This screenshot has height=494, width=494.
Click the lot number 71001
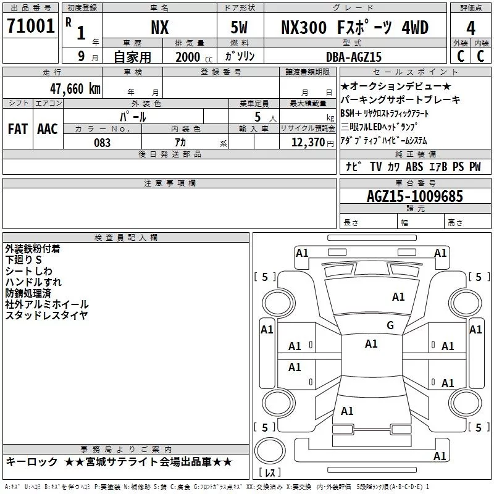pos(31,27)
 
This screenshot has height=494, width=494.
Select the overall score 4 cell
pos(471,28)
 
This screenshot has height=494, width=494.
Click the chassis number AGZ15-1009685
pos(414,196)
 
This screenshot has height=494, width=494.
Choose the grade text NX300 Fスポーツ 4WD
pos(354,28)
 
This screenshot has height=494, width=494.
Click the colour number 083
pos(103,143)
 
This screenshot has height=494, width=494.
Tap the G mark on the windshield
pos(390,325)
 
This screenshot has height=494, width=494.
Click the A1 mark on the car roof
pos(371,344)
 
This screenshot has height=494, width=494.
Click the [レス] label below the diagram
pos(270,474)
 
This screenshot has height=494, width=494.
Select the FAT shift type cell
pos(18,128)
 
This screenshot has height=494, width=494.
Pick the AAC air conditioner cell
pos(48,128)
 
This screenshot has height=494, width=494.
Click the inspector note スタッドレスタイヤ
pos(46,316)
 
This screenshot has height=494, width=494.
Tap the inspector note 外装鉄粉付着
pos(32,249)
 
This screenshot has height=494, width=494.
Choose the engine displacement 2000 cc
pos(191,57)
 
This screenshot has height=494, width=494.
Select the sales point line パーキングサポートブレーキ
pos(401,99)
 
